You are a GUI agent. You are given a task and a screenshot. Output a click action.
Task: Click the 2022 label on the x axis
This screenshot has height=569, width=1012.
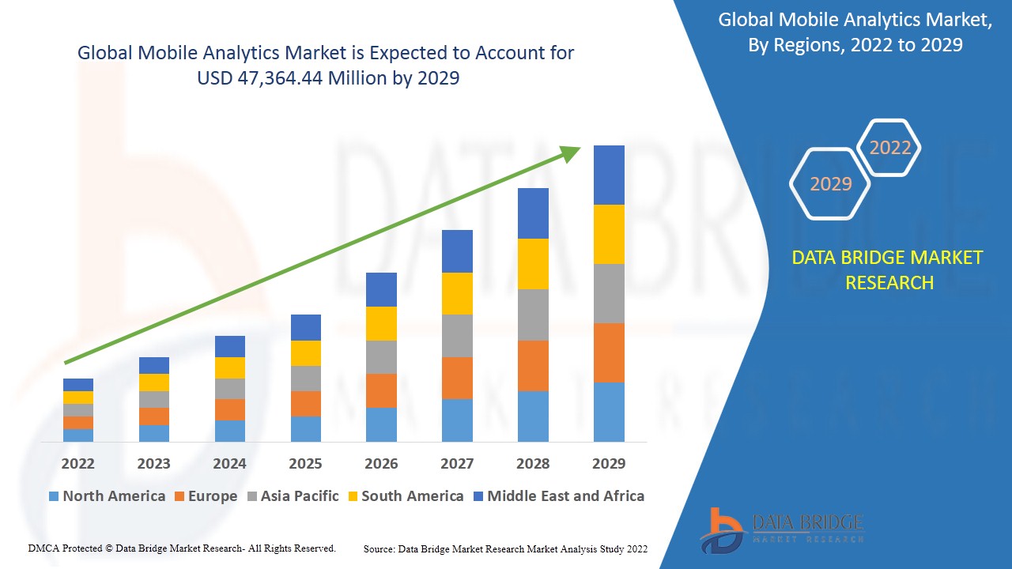77,463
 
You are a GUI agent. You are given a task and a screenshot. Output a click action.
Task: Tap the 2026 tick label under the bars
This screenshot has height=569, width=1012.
381,463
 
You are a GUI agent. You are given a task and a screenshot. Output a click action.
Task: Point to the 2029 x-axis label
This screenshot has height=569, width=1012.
609,463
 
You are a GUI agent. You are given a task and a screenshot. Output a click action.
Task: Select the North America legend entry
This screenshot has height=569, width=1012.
107,496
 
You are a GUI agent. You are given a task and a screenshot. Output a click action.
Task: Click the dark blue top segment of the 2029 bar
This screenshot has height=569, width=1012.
609,175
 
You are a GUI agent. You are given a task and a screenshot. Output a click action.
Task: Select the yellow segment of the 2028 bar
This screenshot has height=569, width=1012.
533,263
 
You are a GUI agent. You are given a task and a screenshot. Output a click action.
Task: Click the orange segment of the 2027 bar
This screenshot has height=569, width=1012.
457,378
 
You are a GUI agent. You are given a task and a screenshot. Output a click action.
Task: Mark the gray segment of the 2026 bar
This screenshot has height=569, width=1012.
381,357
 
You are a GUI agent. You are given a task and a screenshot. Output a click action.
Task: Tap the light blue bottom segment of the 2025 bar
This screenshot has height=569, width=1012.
306,428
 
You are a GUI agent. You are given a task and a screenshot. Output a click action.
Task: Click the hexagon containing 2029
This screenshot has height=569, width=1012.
830,183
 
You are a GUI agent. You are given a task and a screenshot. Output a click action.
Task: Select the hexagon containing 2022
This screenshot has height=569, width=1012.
890,148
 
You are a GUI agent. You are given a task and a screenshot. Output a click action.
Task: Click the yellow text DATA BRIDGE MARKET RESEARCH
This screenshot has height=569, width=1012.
889,269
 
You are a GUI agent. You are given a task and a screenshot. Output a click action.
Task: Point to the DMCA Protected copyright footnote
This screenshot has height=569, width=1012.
182,548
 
